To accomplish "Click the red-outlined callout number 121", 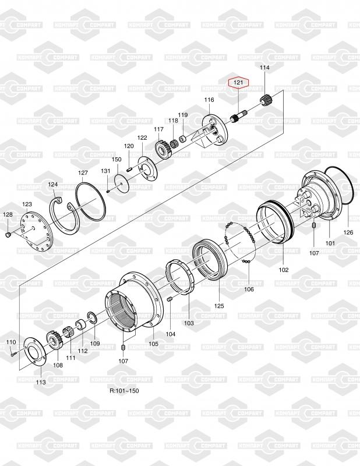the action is point(238,82).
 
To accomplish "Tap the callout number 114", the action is point(264,68).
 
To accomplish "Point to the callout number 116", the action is point(209,100).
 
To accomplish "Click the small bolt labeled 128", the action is point(8,235).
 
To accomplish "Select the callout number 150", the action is point(117,159).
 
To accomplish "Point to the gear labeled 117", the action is point(164,149).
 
